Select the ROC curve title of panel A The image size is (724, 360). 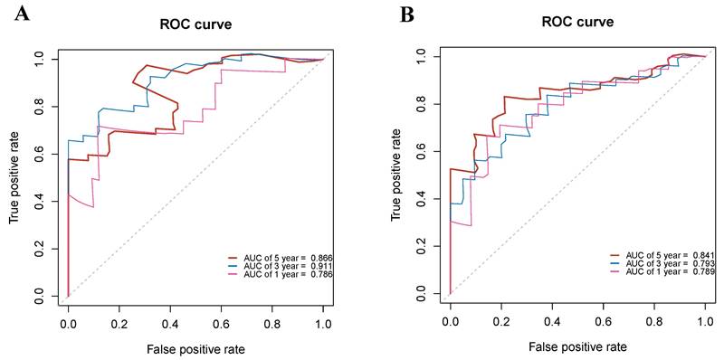196,24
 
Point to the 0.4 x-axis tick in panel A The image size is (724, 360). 170,320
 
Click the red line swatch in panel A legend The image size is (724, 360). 234,258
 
